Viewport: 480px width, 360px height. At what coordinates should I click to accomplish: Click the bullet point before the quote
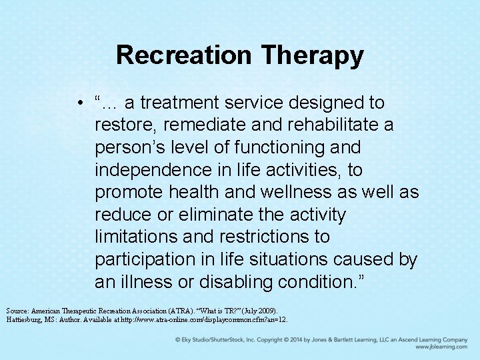[79, 103]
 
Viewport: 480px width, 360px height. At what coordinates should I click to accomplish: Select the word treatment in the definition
[180, 103]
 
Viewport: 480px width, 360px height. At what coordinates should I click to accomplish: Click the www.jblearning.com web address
[441, 347]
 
